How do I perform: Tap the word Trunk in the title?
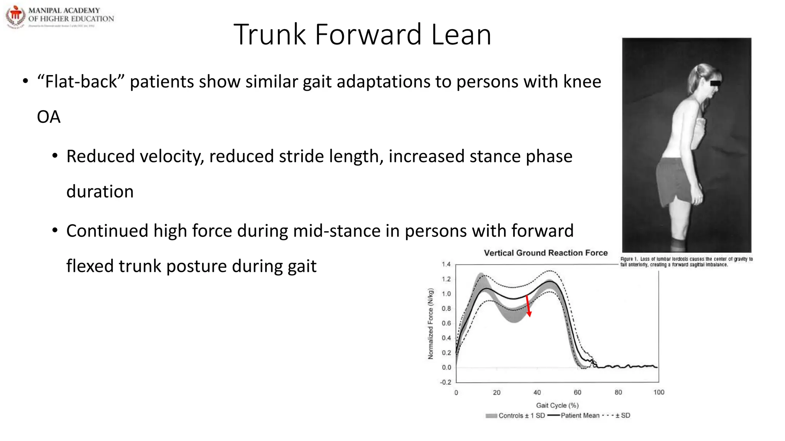click(269, 35)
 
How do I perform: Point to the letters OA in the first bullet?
click(49, 117)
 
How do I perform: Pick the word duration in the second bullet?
click(100, 191)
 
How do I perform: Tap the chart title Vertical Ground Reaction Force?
click(545, 253)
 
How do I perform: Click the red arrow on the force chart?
click(528, 305)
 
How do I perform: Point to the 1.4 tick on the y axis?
click(446, 264)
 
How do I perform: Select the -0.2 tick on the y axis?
click(445, 382)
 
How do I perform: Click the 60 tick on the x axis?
click(577, 392)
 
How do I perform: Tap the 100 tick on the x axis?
click(659, 392)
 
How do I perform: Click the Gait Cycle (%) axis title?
click(557, 405)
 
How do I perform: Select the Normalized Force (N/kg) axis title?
click(430, 323)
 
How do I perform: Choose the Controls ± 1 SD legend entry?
click(515, 416)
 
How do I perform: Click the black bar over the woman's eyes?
click(715, 83)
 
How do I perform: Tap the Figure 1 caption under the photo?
click(686, 262)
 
